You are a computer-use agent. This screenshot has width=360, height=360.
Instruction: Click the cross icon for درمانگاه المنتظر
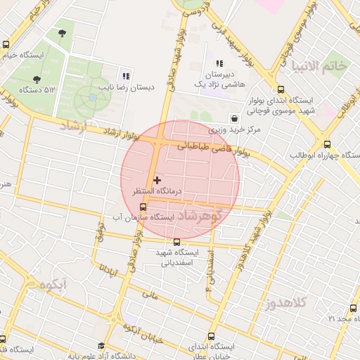(157, 181)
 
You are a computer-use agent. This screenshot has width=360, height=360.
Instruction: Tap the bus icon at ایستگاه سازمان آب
(143, 207)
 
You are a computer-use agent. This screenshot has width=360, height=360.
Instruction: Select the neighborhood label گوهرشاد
(204, 215)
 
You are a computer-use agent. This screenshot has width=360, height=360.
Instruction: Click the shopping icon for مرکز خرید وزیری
(233, 119)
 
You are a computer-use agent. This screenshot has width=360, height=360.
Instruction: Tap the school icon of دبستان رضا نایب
(126, 76)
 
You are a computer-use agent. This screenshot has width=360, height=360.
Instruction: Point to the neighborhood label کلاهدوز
(286, 304)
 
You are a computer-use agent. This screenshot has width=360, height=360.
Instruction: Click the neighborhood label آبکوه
(53, 285)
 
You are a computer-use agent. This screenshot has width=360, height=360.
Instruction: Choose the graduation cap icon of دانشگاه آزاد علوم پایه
(101, 346)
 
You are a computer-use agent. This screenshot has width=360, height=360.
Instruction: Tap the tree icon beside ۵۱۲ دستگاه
(37, 79)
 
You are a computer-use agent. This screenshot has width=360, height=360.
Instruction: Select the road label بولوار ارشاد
(122, 134)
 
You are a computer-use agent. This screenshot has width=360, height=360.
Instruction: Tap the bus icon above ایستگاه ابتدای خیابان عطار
(211, 337)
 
